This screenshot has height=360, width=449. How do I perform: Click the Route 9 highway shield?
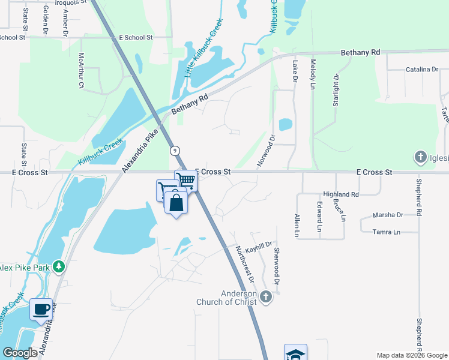(x=174, y=150)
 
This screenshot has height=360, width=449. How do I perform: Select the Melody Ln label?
(x=313, y=74)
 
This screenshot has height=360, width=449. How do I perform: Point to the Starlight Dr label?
(x=336, y=91)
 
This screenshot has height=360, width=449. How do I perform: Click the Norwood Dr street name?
(x=266, y=149)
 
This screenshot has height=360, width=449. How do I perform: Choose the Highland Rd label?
(x=340, y=194)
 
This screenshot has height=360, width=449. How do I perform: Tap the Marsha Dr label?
(x=388, y=215)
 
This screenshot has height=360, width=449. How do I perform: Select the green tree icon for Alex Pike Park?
(x=59, y=266)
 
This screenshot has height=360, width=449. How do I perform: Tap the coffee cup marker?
(x=41, y=310)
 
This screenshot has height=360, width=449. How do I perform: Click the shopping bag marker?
(x=176, y=202)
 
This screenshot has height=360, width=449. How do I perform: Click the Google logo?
(x=20, y=353)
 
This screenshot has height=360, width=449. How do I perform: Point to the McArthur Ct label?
(x=81, y=71)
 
